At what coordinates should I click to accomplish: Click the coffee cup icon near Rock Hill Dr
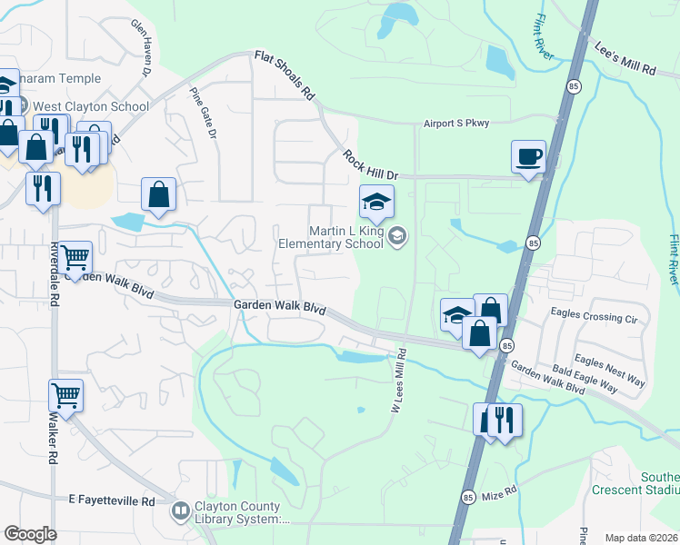tap(528, 156)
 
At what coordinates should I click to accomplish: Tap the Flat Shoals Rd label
tap(285, 75)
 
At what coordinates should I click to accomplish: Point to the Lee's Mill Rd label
tap(625, 56)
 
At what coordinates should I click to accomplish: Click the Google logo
tap(30, 534)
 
